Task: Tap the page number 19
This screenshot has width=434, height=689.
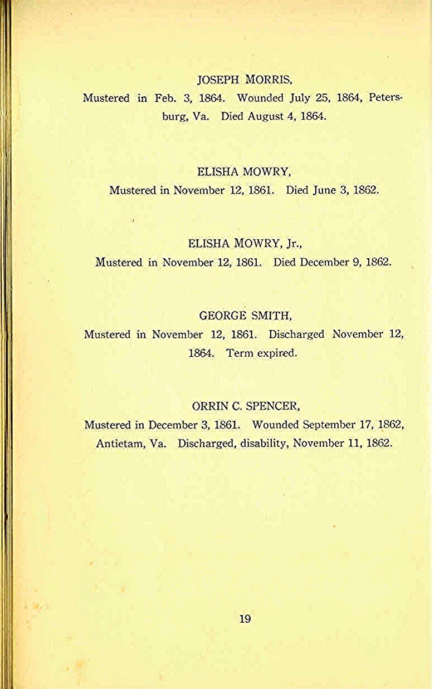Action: point(245,618)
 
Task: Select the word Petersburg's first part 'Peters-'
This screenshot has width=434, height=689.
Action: point(386,99)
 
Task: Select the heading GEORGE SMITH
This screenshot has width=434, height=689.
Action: point(245,316)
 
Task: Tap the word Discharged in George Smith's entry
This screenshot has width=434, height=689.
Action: point(296,334)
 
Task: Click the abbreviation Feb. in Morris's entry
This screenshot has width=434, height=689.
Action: point(165,99)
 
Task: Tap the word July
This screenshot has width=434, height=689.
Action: point(301,99)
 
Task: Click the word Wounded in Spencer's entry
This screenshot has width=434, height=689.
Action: point(275,425)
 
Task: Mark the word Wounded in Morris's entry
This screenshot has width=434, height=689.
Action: point(260,99)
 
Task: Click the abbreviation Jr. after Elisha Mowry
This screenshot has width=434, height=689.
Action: point(294,243)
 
